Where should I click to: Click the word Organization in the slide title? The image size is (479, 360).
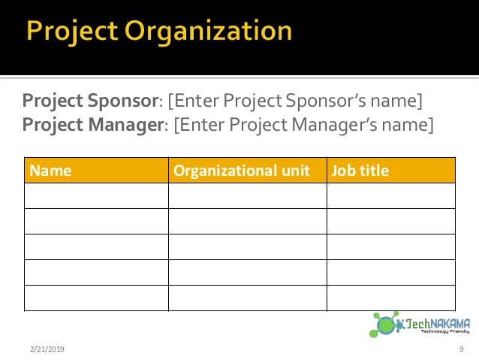pyautogui.click(x=210, y=32)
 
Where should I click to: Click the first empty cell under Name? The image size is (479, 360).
pyautogui.click(x=96, y=195)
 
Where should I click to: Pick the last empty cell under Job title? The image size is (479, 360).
pyautogui.click(x=390, y=298)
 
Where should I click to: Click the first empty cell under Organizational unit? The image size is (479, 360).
pyautogui.click(x=247, y=195)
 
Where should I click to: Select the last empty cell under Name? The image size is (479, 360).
pyautogui.click(x=96, y=298)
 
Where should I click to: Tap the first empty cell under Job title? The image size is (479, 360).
pyautogui.click(x=390, y=195)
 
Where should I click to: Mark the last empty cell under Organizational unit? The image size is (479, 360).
pyautogui.click(x=247, y=298)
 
